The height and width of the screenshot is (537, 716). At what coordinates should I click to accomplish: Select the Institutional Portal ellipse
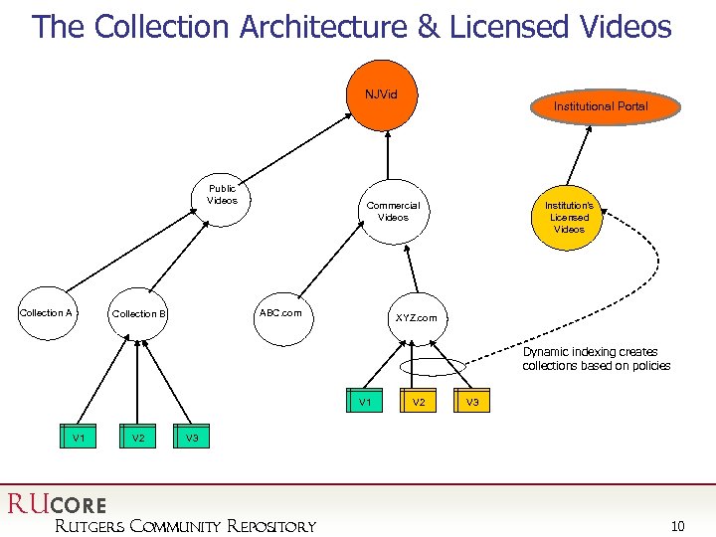pos(601,106)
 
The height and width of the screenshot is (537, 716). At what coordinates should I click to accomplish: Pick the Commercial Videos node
pos(393,212)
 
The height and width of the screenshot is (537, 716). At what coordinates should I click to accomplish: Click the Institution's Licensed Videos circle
pos(569,218)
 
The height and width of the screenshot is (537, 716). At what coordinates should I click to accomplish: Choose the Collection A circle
pos(47,313)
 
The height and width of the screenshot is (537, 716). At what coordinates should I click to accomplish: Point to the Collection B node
pos(139,314)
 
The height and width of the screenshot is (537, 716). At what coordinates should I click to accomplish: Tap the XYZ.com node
pos(415,318)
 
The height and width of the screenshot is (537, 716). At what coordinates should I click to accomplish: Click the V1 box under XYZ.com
pos(365,402)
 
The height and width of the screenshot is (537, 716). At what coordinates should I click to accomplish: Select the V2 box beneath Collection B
pos(138,438)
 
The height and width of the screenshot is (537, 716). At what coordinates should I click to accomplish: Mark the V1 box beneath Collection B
pos(77,438)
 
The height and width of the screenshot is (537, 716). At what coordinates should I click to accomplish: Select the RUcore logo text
pos(57,504)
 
